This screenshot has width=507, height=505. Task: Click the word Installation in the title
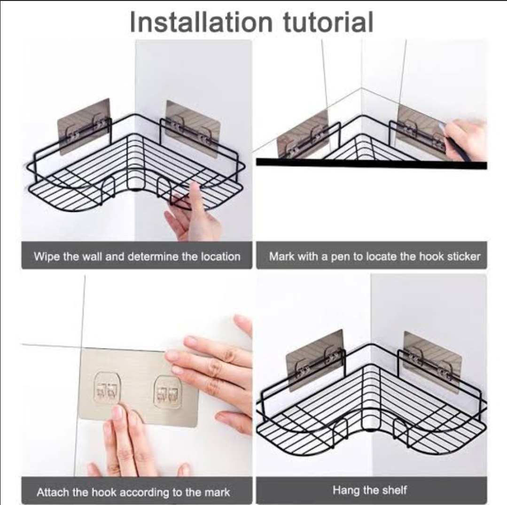tap(201, 22)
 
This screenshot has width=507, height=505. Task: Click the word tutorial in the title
tap(328, 22)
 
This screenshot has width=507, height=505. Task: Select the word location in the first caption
tap(221, 256)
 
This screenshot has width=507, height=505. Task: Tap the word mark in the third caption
tap(217, 492)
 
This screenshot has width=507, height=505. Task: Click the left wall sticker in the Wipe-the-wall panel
tap(84, 126)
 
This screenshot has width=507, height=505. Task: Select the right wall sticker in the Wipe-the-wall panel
tap(193, 129)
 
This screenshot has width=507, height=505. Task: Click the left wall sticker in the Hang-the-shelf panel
tap(315, 360)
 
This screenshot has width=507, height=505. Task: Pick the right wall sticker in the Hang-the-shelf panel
tap(433, 362)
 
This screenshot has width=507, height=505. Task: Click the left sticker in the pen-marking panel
tap(303, 134)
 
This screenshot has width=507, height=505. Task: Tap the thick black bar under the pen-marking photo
tap(372, 163)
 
